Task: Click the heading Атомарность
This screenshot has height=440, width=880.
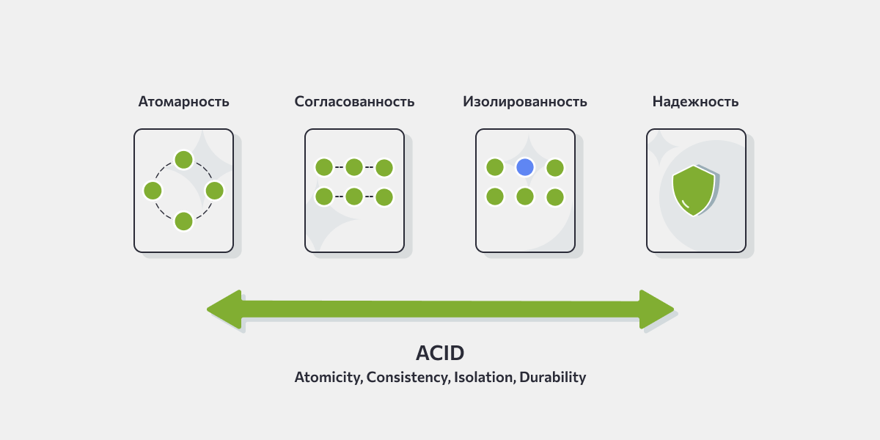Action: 183,102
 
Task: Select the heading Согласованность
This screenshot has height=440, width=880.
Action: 354,102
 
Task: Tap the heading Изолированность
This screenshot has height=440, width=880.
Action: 525,102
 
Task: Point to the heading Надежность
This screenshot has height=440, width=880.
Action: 695,102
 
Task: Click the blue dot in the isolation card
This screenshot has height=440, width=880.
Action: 525,167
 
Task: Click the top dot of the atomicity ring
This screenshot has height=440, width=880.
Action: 183,160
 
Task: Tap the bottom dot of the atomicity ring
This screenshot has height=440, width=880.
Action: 183,221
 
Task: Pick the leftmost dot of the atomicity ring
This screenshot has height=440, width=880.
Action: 153,191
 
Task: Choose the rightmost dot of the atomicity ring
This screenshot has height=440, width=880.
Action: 214,191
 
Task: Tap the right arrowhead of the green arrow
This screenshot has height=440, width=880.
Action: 657,309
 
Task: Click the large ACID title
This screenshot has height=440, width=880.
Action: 440,353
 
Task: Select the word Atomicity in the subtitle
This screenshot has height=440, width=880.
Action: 329,378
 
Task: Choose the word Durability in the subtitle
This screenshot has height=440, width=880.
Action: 553,378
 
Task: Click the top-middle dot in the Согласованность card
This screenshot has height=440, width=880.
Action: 354,167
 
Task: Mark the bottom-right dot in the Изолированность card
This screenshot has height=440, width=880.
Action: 555,197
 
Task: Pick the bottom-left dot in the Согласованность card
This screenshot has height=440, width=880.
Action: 324,197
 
